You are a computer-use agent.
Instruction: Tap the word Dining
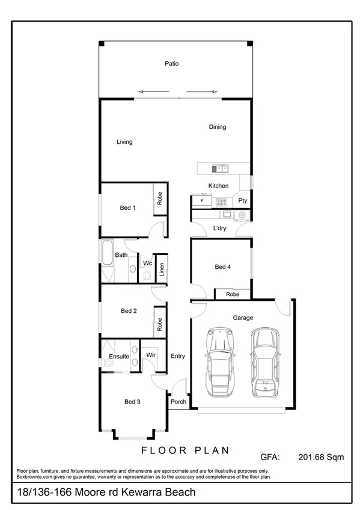218,127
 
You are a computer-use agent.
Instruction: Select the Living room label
124,142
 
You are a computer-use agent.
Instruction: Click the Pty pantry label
243,200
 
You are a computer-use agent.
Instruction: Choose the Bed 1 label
128,208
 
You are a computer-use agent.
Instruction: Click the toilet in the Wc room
147,276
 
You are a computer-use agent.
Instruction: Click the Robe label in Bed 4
233,294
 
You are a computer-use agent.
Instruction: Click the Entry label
178,356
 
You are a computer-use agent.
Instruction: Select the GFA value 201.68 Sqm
321,457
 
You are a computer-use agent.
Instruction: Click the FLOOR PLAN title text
185,450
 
